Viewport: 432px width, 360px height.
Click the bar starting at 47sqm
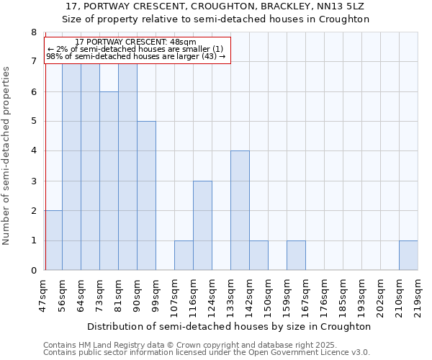[x=53, y=240]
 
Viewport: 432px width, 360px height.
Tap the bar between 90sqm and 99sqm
[x=146, y=196]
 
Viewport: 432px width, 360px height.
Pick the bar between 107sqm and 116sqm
[x=184, y=256]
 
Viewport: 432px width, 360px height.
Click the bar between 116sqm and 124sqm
[x=202, y=226]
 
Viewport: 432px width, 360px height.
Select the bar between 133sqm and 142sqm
[x=240, y=211]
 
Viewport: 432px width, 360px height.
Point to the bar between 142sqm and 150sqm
[x=258, y=256]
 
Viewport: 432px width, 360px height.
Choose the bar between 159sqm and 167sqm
[x=296, y=256]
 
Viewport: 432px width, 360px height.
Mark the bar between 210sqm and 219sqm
[x=408, y=256]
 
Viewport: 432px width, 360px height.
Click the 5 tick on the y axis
[x=33, y=122]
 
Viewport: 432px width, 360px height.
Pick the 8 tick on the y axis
[x=33, y=32]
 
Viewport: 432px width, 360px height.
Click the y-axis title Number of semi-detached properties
[x=7, y=156]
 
